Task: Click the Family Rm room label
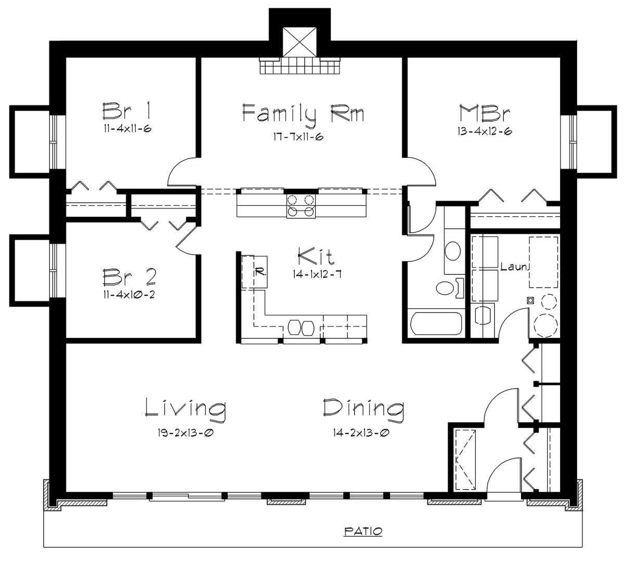[303, 114]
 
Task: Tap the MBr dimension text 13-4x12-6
[484, 132]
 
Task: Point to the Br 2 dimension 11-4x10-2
[129, 294]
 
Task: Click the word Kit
[316, 256]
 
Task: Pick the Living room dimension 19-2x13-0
[186, 432]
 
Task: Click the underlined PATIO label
[363, 531]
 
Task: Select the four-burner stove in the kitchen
[301, 206]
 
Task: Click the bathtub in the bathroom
[436, 323]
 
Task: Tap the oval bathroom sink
[452, 251]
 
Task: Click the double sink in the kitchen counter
[301, 327]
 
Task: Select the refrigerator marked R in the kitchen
[254, 272]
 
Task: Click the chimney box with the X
[300, 42]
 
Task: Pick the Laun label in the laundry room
[515, 267]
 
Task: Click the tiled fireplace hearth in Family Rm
[300, 65]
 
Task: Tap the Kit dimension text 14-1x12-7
[317, 274]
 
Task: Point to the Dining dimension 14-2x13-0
[361, 432]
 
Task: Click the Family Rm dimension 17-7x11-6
[298, 136]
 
